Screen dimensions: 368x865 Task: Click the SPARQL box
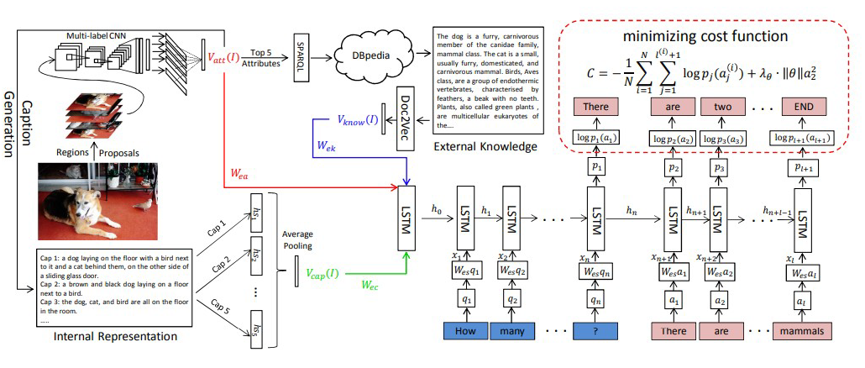(x=303, y=55)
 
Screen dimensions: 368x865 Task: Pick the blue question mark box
(x=595, y=330)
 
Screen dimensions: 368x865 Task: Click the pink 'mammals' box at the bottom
(x=804, y=330)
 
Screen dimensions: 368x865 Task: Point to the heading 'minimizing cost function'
(x=705, y=37)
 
